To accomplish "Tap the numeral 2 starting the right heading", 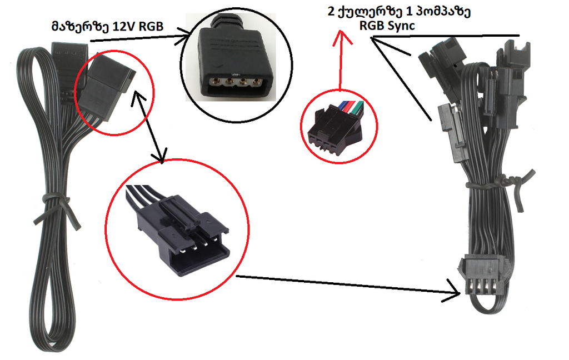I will (x=332, y=12).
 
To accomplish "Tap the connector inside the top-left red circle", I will (x=106, y=83).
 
